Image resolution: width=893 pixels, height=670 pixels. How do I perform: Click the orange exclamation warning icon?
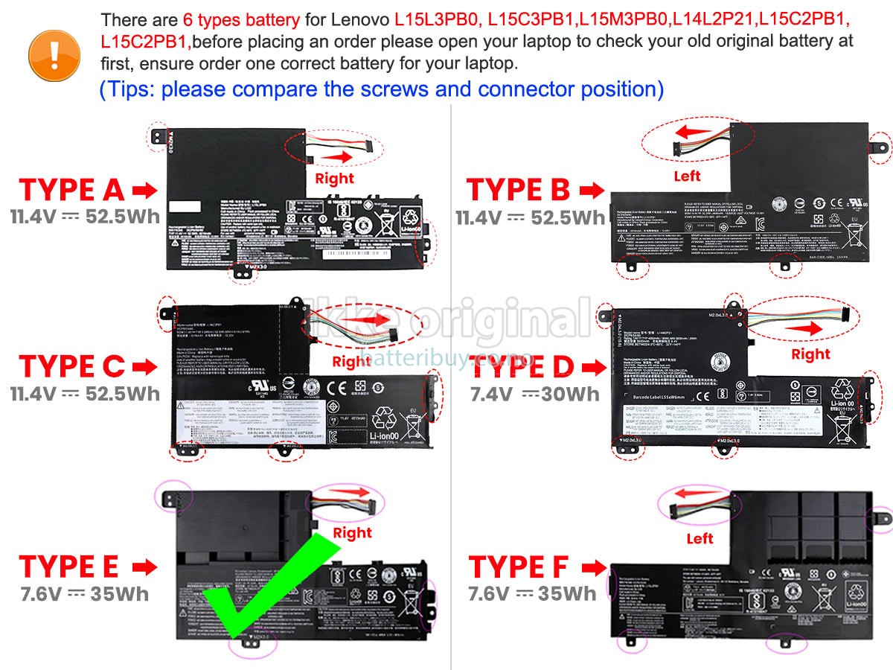tap(54, 50)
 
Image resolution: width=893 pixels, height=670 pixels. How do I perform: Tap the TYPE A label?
tap(71, 191)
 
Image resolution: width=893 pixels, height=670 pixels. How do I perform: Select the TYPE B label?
tap(518, 191)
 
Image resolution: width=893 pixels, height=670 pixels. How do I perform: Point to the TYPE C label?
tap(71, 366)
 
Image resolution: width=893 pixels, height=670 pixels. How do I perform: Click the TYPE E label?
tap(68, 567)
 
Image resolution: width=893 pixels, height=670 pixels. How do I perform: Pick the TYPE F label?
tap(518, 567)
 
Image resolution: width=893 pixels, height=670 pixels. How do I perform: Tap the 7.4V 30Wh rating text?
tap(534, 394)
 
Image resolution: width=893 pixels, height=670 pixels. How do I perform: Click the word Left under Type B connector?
tap(687, 176)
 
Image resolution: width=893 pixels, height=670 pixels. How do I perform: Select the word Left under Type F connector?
tap(700, 538)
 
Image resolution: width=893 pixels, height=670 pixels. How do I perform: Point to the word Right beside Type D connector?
tap(810, 354)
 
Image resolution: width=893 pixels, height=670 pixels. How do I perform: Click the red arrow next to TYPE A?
tap(144, 191)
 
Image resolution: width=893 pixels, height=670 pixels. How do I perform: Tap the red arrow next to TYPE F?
tap(592, 567)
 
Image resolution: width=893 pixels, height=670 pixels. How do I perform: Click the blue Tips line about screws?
tap(382, 89)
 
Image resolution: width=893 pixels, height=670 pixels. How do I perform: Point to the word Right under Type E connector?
tap(352, 533)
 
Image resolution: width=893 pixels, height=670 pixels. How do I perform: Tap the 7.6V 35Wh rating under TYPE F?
tap(532, 593)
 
